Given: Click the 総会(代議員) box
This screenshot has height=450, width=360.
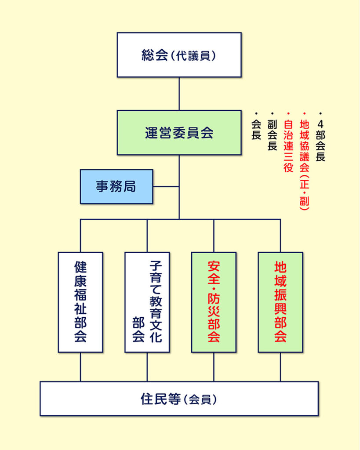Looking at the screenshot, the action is (179, 55).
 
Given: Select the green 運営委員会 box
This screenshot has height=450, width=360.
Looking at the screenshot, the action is (179, 133).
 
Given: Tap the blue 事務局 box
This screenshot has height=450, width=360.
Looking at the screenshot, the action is (116, 186).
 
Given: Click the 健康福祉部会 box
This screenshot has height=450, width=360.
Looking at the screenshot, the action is (80, 302).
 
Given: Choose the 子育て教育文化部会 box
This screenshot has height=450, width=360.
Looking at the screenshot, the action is (147, 302).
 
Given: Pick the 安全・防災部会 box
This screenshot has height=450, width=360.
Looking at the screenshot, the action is (214, 302).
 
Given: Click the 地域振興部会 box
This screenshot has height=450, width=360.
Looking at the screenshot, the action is (280, 302).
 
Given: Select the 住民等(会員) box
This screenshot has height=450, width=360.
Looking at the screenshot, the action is (179, 399).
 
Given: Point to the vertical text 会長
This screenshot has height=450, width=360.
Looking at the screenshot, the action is (256, 130).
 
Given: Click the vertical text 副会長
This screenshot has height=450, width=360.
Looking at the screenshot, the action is (272, 135).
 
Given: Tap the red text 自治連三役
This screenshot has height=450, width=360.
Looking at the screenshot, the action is (288, 146).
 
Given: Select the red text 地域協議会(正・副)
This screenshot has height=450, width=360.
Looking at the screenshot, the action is (304, 165).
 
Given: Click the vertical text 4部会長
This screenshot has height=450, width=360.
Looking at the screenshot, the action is (320, 141).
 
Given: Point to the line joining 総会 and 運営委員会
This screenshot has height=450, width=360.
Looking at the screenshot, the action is (179, 94).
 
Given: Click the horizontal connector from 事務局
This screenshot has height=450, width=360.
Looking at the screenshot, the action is (166, 186).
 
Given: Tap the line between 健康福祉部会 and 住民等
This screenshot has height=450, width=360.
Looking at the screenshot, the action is (80, 367).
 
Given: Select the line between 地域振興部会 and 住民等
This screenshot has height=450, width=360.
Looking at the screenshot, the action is (280, 367).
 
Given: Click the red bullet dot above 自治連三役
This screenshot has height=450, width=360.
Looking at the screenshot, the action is (288, 114).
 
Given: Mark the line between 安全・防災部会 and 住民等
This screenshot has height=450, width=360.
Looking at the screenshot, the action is (214, 367).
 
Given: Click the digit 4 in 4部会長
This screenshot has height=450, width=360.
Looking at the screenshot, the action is (320, 124).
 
